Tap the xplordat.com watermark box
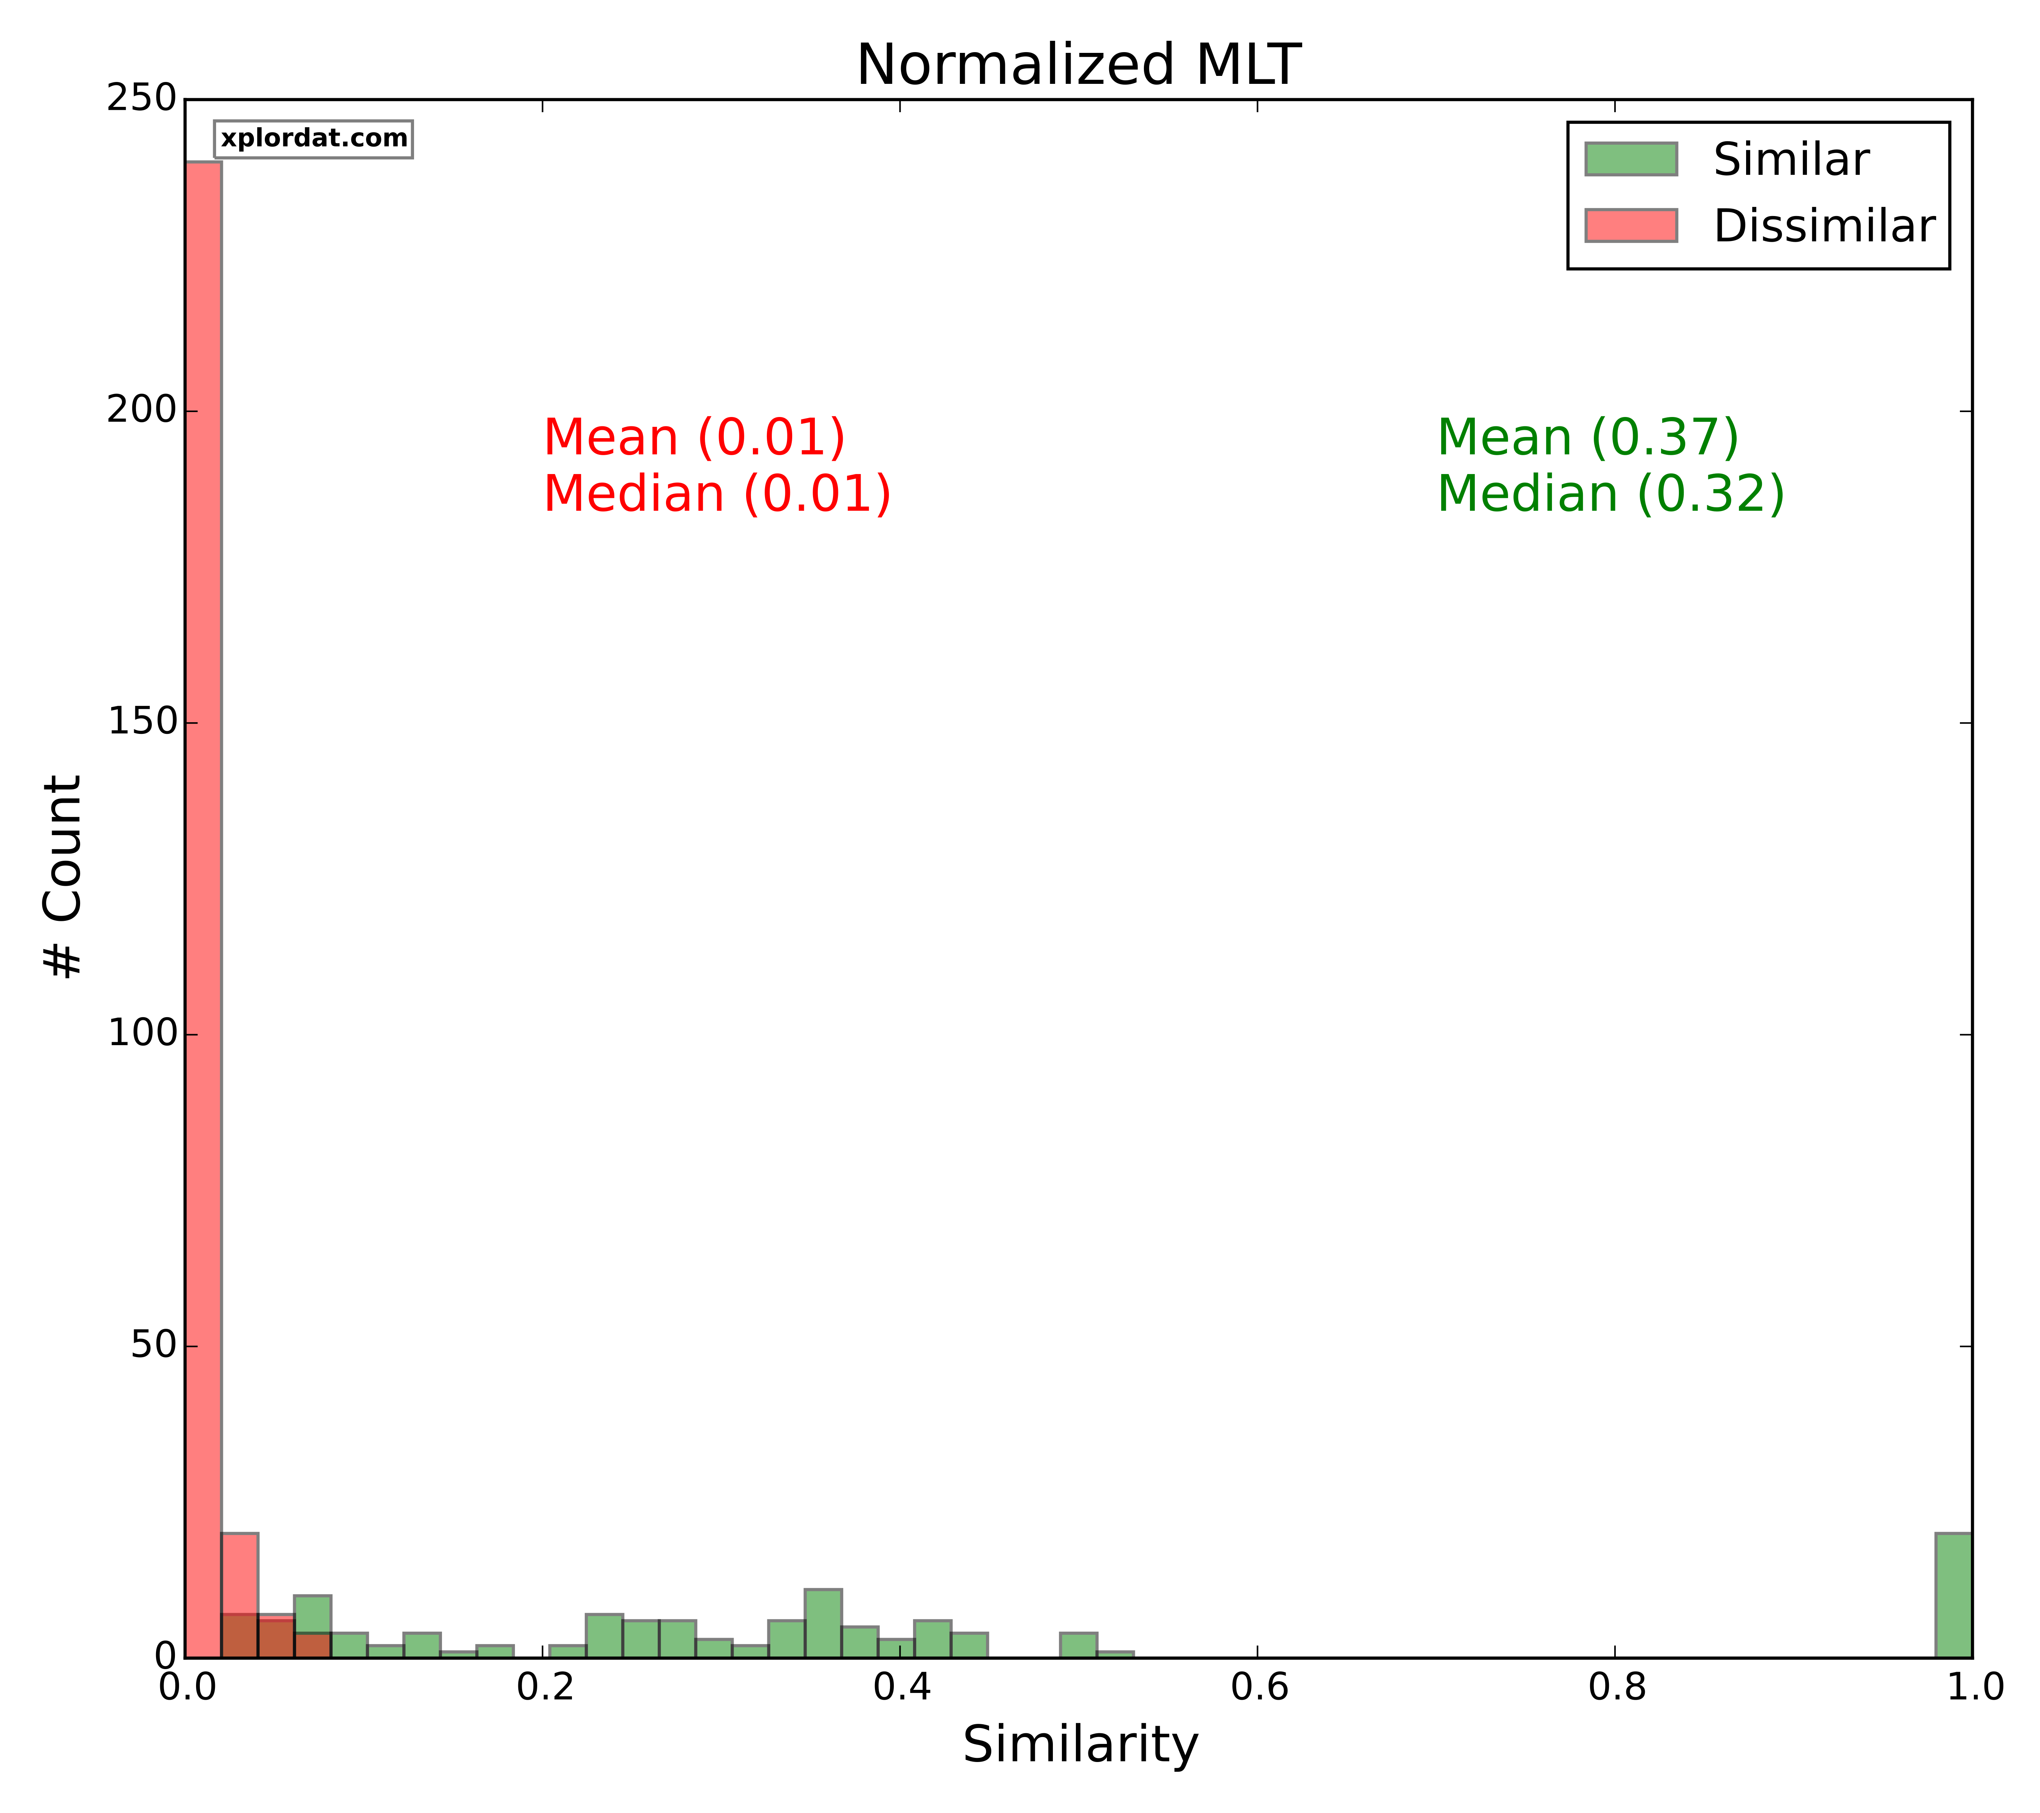coord(314,139)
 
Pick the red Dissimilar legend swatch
coord(1631,225)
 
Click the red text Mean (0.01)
coord(695,438)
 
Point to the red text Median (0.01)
coord(717,494)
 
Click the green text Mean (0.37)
coord(1588,438)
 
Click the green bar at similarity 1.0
coord(1953,1594)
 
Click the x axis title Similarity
coord(1080,1745)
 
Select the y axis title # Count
coord(63,878)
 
